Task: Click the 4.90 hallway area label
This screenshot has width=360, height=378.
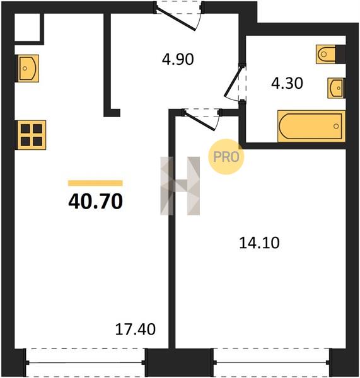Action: tap(178, 59)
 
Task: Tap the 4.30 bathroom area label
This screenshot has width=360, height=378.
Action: tap(287, 83)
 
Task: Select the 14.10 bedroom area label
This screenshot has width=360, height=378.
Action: tap(259, 243)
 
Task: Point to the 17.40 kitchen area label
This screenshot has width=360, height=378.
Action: tap(136, 329)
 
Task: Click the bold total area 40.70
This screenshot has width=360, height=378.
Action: tap(96, 202)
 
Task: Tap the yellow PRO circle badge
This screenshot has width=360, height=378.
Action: tap(226, 157)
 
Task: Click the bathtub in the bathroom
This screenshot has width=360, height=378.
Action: tap(311, 126)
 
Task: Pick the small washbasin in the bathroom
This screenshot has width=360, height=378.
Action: tap(336, 88)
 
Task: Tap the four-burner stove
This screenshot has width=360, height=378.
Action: tap(31, 135)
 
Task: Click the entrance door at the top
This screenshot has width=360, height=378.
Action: tap(179, 15)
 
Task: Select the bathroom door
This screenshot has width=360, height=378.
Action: tap(235, 83)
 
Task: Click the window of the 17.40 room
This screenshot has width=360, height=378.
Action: tap(85, 362)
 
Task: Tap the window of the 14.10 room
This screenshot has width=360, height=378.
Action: tap(272, 362)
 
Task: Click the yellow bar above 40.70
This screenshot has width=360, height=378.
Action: tap(95, 183)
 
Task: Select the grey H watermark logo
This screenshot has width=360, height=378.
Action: tap(180, 186)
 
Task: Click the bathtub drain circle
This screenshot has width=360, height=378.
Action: tap(336, 126)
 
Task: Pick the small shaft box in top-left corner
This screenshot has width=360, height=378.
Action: tap(27, 27)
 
